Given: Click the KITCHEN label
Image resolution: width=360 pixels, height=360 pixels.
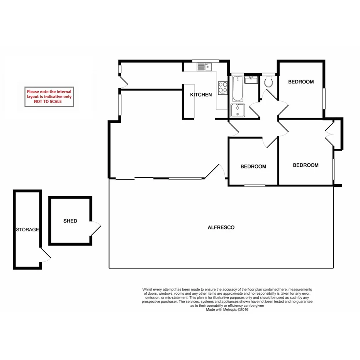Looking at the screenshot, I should (200, 95).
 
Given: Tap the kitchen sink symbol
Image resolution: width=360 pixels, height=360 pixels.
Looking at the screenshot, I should (203, 68).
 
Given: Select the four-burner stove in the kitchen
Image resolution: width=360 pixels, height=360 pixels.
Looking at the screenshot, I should (222, 88).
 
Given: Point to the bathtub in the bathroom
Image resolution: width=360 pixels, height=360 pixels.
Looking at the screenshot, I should (237, 88).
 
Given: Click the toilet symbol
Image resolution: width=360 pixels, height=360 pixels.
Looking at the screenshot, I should (268, 82).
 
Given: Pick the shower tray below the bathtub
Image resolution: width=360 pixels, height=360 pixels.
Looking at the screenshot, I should (237, 110).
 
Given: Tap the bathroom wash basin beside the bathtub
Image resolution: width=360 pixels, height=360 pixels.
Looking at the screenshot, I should (251, 80).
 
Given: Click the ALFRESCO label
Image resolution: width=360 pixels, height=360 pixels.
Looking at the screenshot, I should (221, 228).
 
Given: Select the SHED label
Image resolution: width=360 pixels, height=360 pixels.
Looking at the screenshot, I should (70, 221).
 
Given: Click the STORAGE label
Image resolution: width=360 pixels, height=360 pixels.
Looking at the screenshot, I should (27, 230).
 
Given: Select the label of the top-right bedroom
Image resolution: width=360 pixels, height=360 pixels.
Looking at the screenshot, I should (301, 82).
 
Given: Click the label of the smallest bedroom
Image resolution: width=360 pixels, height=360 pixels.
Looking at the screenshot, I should (253, 167).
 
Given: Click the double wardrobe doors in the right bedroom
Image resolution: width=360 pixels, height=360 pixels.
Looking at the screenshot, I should (329, 134).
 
